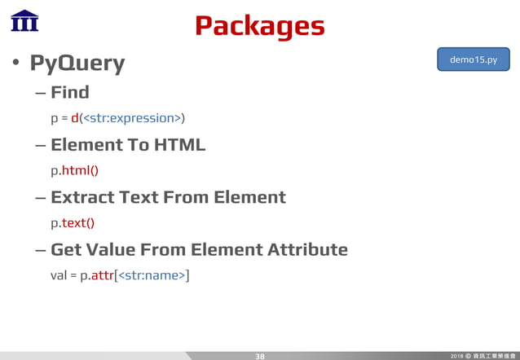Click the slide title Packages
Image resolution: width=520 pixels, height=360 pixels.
pyautogui.click(x=259, y=26)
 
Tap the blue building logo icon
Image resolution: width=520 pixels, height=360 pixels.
pyautogui.click(x=24, y=20)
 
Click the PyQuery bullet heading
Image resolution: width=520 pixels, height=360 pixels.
pyautogui.click(x=77, y=64)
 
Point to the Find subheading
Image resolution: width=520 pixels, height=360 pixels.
pyautogui.click(x=69, y=92)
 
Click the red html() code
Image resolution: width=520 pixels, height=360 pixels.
pyautogui.click(x=81, y=171)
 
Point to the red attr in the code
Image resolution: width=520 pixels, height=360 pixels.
pyautogui.click(x=102, y=275)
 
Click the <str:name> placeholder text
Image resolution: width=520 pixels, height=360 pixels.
pyautogui.click(x=152, y=275)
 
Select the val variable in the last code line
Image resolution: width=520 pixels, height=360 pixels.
pyautogui.click(x=59, y=275)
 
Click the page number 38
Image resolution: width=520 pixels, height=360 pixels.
pyautogui.click(x=260, y=356)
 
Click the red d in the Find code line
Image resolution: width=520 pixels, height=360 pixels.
pyautogui.click(x=75, y=119)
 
